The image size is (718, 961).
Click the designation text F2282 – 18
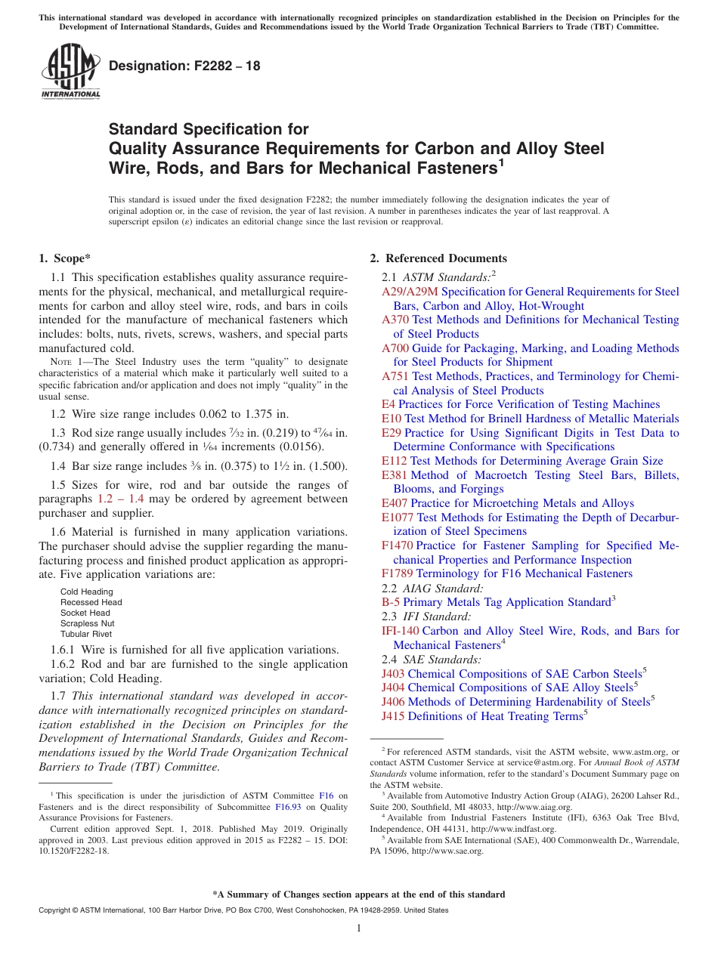[184, 66]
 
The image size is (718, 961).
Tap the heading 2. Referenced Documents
[438, 258]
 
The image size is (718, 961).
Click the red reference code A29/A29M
[410, 292]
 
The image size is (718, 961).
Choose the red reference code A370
[395, 320]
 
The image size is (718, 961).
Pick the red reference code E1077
[398, 518]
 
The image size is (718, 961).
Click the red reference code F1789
[398, 573]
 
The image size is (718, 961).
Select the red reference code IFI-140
[401, 631]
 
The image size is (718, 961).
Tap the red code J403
[393, 674]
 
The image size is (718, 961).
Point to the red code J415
[393, 716]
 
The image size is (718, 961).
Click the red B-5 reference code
[391, 602]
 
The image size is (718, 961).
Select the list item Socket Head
[85, 613]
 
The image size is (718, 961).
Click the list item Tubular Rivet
[86, 634]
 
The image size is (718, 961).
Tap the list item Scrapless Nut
[88, 623]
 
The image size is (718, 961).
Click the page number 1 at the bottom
[359, 929]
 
